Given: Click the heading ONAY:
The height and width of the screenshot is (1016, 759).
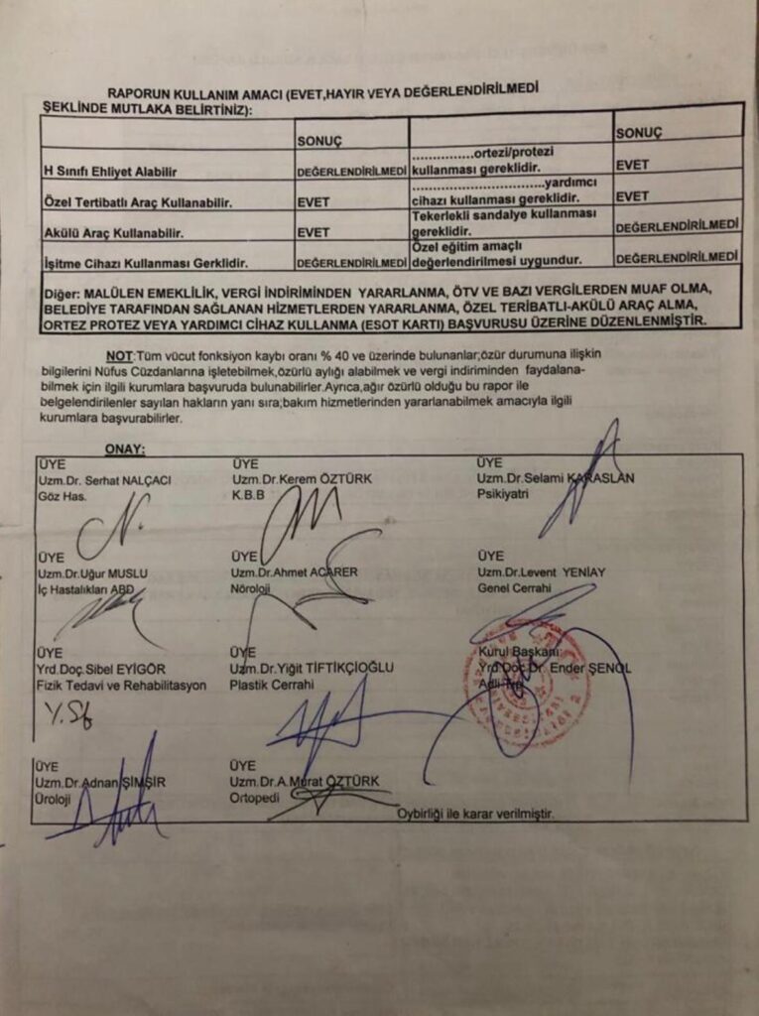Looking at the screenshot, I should point(124,449).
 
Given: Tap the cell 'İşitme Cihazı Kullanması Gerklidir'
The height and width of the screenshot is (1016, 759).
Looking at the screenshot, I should point(140,264).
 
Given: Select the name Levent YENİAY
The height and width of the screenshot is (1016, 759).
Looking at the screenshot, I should point(541,572).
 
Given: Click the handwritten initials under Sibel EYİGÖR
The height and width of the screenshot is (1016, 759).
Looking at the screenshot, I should point(69,714).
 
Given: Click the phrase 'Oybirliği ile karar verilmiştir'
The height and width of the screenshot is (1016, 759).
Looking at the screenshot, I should point(475,814).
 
